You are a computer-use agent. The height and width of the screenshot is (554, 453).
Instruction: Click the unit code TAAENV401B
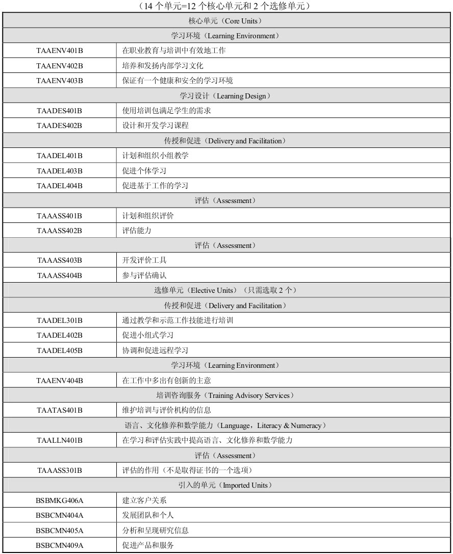pyautogui.click(x=59, y=51)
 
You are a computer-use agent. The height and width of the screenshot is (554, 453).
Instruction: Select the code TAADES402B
pyautogui.click(x=59, y=125)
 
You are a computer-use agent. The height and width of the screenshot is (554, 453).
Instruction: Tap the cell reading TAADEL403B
pyautogui.click(x=59, y=171)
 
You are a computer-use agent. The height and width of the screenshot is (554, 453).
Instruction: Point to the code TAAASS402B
pyautogui.click(x=59, y=231)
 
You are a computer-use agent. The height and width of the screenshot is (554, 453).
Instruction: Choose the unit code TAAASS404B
pyautogui.click(x=59, y=275)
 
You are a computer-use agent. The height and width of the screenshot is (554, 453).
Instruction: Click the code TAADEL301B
pyautogui.click(x=59, y=320)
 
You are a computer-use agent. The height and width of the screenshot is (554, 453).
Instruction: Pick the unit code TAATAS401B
pyautogui.click(x=59, y=410)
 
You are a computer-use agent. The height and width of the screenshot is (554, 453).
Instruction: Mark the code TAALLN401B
pyautogui.click(x=59, y=440)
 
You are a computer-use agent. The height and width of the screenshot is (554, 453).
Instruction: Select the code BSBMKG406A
pyautogui.click(x=59, y=500)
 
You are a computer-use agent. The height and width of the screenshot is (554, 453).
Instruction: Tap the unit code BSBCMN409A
pyautogui.click(x=59, y=545)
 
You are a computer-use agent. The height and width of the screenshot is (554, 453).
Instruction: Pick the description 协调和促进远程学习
pyautogui.click(x=155, y=350)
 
